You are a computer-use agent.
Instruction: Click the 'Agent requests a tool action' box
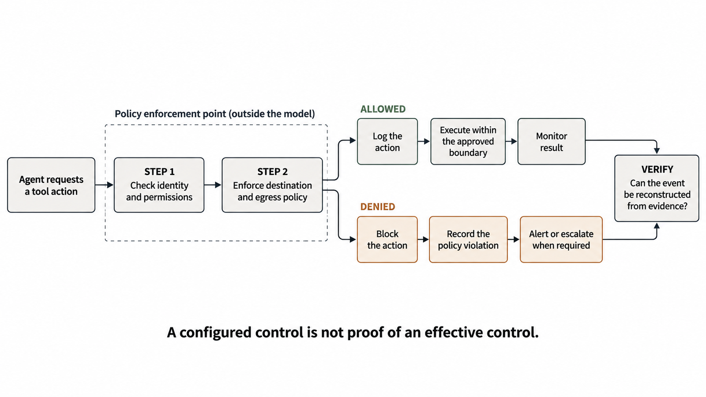(x=51, y=185)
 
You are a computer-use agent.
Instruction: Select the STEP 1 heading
(x=159, y=172)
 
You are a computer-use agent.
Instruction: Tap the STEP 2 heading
(x=272, y=172)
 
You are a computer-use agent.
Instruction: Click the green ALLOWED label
(x=383, y=109)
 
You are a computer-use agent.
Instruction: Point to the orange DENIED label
(x=378, y=207)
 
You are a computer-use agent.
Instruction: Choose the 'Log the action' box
(x=387, y=142)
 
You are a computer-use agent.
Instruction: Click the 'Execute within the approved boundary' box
(x=468, y=142)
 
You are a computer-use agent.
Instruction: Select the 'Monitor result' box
(x=552, y=142)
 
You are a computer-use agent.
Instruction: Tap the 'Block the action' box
(x=387, y=240)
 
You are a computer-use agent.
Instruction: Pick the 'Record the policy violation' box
(x=468, y=240)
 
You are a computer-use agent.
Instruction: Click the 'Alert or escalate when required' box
(x=561, y=240)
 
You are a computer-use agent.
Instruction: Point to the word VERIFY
(x=657, y=169)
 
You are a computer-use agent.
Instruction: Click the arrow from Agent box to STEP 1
(x=104, y=185)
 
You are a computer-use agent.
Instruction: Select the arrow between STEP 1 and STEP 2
(x=213, y=185)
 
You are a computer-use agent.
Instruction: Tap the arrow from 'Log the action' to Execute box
(x=424, y=142)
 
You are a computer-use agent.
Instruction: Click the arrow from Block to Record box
(x=423, y=240)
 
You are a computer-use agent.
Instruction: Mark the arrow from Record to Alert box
(x=514, y=240)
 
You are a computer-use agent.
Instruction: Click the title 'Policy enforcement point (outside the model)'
(x=214, y=114)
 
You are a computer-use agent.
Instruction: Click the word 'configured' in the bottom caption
(x=215, y=333)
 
